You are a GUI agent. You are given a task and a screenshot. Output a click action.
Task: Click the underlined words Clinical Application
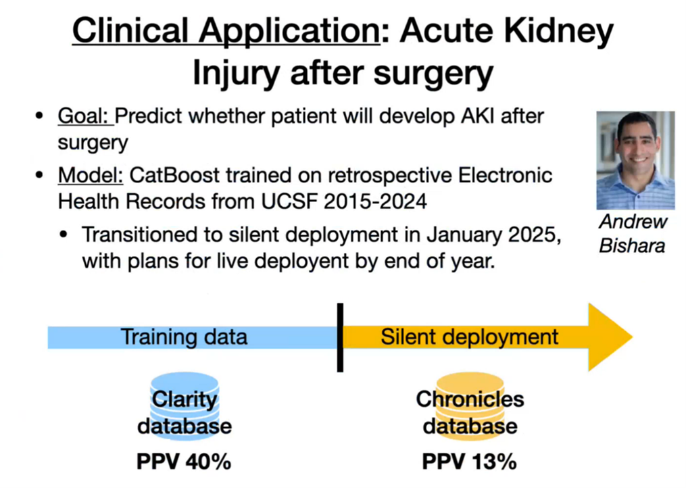point(226,32)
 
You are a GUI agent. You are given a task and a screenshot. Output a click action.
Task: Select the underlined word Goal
point(82,116)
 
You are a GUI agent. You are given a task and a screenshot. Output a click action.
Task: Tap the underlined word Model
point(91,176)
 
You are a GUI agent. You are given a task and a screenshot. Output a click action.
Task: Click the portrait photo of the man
point(635,161)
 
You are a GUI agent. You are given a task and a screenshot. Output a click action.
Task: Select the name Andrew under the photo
point(633,222)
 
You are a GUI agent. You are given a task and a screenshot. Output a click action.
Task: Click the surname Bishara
point(632,245)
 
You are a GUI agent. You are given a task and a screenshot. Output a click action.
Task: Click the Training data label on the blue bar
point(185,337)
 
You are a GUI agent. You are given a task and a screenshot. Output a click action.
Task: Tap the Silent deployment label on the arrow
point(469,337)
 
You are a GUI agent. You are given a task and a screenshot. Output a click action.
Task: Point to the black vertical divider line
point(340,337)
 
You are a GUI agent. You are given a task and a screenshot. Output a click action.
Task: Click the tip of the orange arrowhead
point(633,337)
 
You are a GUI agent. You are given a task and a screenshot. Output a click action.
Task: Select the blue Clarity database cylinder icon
point(185,406)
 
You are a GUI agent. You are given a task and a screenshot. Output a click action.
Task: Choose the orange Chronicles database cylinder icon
point(470,406)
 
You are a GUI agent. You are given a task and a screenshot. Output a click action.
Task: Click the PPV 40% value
point(184,462)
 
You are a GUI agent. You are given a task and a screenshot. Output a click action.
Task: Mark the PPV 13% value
point(470,462)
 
